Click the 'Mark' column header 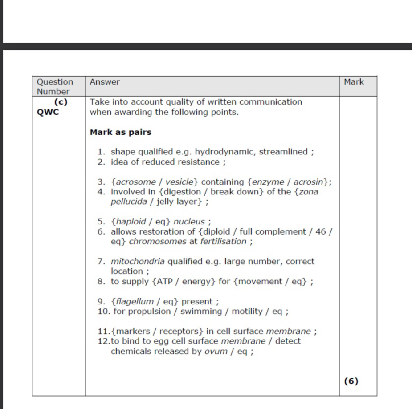pos(354,82)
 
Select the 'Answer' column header pos(105,82)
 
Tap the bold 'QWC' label pos(48,112)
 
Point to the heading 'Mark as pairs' pos(121,132)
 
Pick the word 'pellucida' pos(129,202)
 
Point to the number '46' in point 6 pos(321,231)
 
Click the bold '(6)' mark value pos(351,381)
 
